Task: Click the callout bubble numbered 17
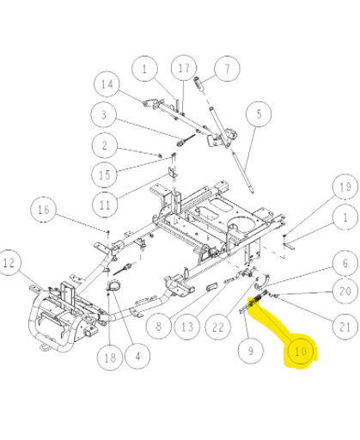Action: [183, 67]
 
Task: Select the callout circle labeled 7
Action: [226, 67]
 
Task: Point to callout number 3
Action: [126, 114]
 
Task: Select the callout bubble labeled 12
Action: [11, 262]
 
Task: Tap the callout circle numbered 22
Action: [217, 324]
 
